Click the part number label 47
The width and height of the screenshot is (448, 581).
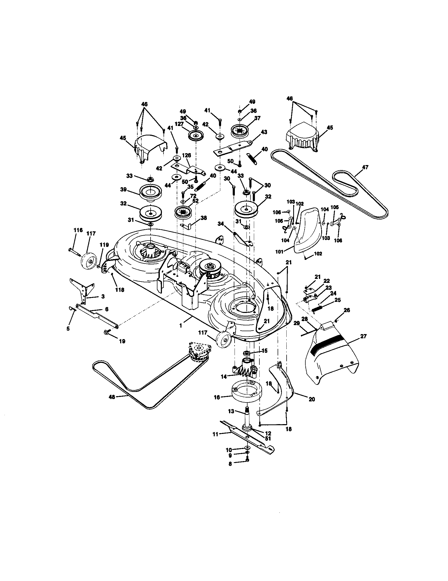pyautogui.click(x=365, y=167)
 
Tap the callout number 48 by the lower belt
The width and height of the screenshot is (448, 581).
pyautogui.click(x=112, y=404)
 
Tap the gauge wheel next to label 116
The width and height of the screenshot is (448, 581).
pyautogui.click(x=87, y=262)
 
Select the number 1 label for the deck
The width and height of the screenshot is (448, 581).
pyautogui.click(x=181, y=325)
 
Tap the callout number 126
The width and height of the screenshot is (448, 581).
pyautogui.click(x=186, y=155)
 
